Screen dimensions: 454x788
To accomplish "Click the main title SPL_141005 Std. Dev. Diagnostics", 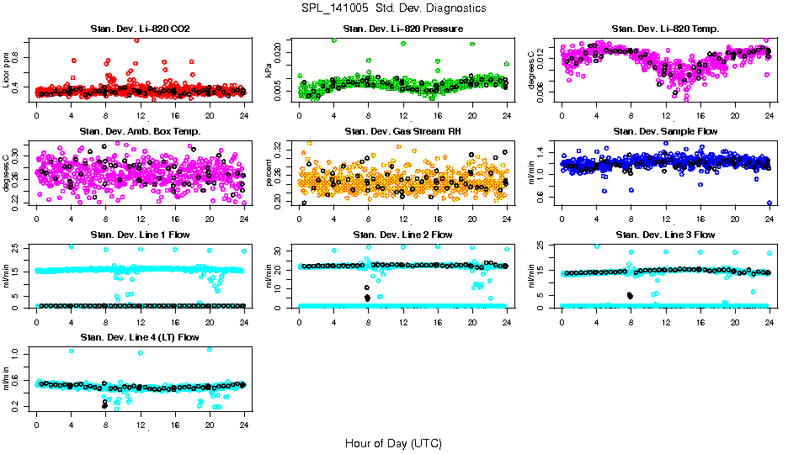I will coord(393,8).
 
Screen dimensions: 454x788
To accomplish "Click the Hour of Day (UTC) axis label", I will coord(393,442).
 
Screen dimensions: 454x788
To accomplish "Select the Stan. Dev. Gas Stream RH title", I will coord(402,131).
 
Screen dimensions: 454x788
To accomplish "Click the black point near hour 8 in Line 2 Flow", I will coord(367,298).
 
